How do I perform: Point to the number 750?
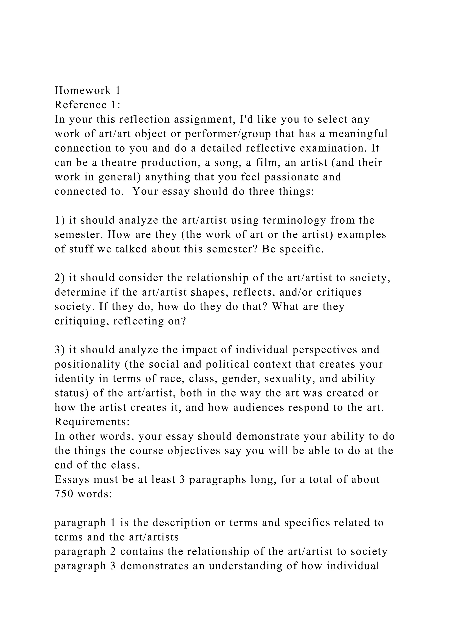[64, 494]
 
